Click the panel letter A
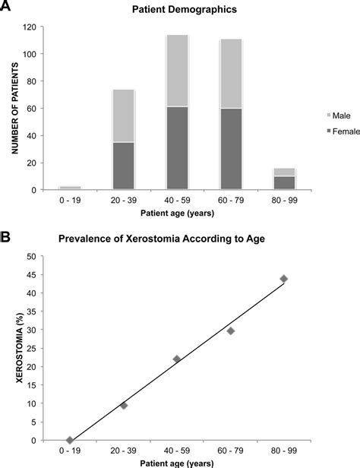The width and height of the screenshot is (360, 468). point(8,9)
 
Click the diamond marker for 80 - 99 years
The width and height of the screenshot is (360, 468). point(284,279)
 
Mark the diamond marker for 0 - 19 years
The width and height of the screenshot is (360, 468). point(70,440)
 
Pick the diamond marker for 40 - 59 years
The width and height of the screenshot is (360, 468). point(177,359)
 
